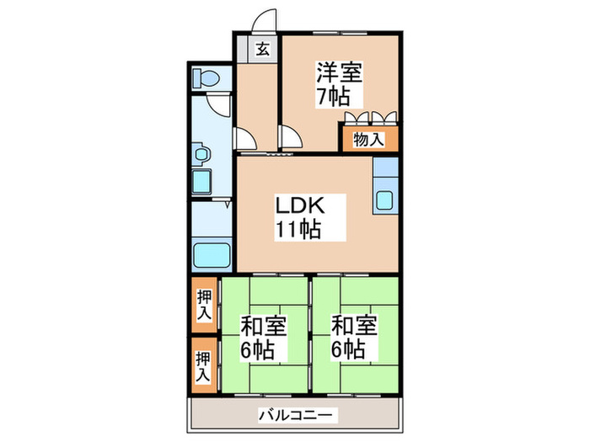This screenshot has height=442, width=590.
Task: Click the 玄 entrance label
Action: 262,48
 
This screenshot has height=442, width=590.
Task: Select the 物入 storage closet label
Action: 368,139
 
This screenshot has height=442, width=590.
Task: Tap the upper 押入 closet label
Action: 203,304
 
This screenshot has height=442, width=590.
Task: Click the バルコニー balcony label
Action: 298,414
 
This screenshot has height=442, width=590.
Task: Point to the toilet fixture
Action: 206,78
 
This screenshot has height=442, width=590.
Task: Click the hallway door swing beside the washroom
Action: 247,138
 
